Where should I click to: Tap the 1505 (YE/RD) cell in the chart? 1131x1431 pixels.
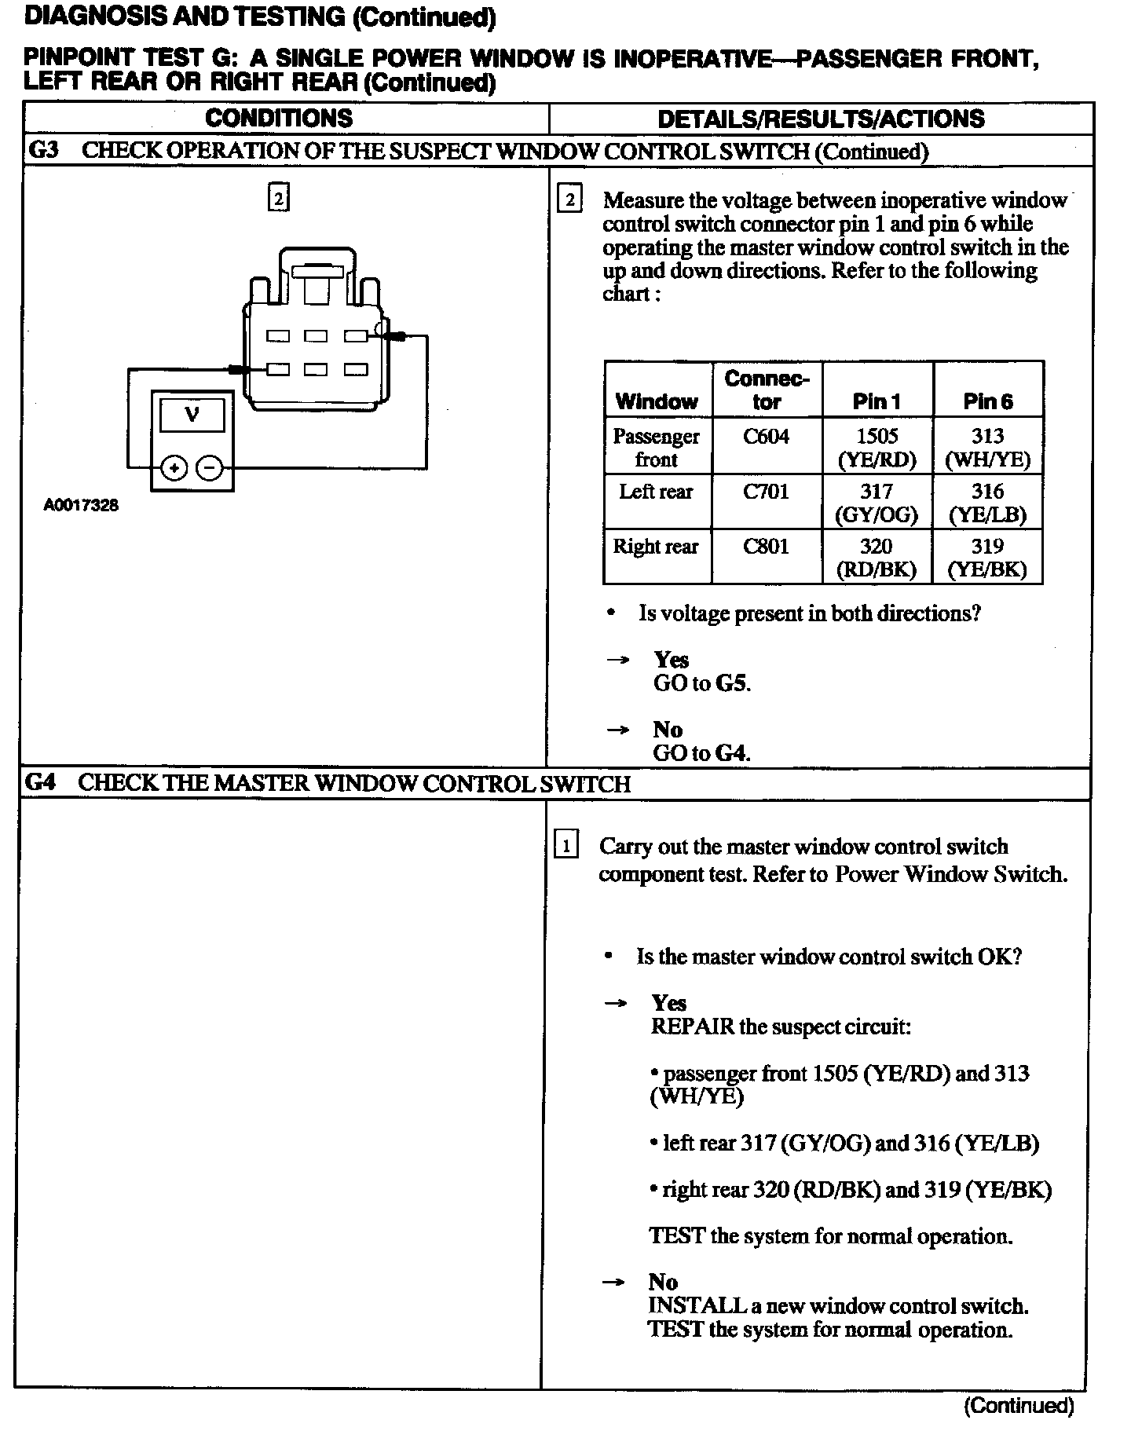point(877,447)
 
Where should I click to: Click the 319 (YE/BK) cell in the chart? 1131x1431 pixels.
point(987,557)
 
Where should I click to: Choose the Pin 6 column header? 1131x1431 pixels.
point(987,402)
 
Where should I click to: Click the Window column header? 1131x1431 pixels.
point(657,402)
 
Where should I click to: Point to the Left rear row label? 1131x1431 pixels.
point(656,492)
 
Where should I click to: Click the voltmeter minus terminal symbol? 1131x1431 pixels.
point(210,469)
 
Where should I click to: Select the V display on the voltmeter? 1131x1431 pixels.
point(192,414)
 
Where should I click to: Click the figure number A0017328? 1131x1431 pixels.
point(81,506)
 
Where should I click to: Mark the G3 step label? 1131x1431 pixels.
point(44,150)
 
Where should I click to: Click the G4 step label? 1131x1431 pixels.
point(41,783)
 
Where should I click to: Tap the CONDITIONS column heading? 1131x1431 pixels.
point(279,119)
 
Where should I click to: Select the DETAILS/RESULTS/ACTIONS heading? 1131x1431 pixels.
point(821,119)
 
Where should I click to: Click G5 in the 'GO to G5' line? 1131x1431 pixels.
point(731,683)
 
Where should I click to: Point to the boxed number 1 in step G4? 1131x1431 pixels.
point(566,846)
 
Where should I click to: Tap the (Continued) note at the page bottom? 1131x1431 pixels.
point(1018,1405)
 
